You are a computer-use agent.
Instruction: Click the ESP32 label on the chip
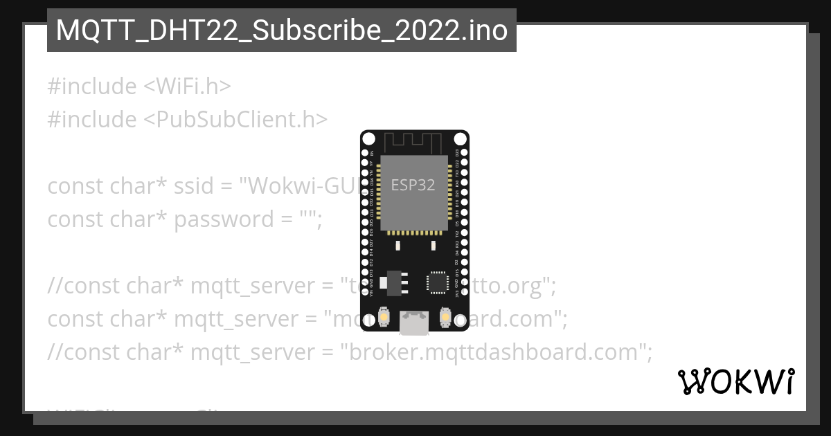(413, 185)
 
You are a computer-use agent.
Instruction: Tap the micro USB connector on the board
(414, 322)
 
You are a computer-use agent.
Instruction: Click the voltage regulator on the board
(396, 280)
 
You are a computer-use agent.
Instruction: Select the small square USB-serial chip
(438, 282)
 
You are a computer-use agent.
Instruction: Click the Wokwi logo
(735, 381)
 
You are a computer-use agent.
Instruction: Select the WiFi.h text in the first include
(188, 87)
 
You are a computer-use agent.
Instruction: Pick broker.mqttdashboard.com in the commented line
(496, 352)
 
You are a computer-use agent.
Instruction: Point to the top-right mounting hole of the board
(461, 139)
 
